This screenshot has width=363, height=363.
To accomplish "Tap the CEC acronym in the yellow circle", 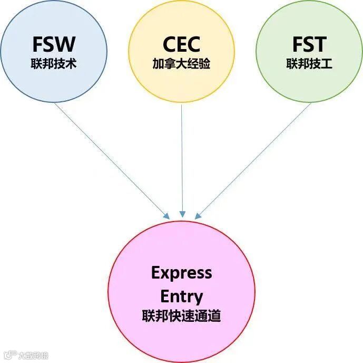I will coord(182,44).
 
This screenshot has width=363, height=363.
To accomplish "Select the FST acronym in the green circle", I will coord(309,44).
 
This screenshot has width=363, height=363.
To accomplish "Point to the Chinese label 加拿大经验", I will coord(182,64).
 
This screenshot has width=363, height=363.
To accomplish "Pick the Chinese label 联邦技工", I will coord(309,64).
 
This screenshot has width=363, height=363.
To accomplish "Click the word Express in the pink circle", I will coord(182,273).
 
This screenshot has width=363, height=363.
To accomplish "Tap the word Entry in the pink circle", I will coord(182,296).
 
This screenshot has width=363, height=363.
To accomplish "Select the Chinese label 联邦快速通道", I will coord(182,316).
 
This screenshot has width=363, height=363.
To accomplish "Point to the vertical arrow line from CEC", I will coord(182,158).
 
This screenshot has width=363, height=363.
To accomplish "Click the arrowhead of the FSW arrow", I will coord(166,216).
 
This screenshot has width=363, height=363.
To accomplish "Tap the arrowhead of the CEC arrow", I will coord(182,215).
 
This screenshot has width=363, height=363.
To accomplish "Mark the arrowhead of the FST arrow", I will coord(198,216).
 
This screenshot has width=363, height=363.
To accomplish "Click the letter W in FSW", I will coord(67,44).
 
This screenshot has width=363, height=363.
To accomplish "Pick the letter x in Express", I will coord(165,273).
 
